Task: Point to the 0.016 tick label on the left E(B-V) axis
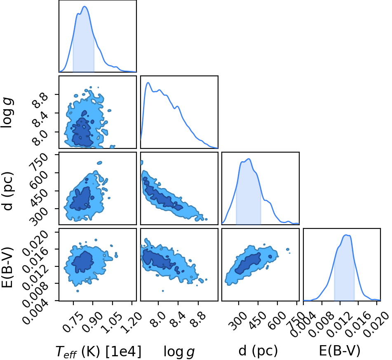coord(35,258)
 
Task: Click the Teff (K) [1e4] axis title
coord(98,351)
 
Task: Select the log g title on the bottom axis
coord(179,352)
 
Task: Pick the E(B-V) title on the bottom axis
coord(340,351)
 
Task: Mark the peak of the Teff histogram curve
coord(85,7)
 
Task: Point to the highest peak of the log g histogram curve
coord(148,82)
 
